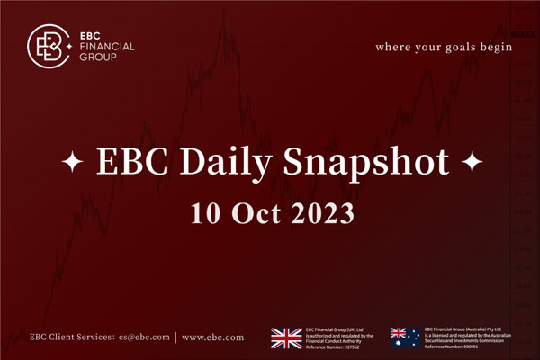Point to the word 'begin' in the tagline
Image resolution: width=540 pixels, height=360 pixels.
[498, 46]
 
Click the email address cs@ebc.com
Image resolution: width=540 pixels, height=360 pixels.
[143, 337]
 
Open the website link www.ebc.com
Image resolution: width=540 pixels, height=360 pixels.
[212, 337]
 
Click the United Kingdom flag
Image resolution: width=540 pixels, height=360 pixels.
[286, 337]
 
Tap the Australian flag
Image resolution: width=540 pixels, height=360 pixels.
[405, 337]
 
